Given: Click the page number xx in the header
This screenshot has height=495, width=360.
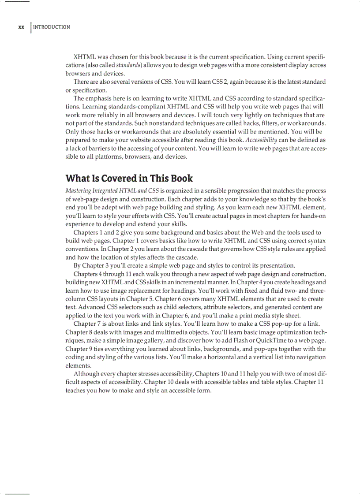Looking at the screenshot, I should click(21, 27).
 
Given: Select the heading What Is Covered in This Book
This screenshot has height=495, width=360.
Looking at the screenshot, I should click(129, 179).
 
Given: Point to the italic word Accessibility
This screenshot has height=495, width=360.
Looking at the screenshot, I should click(263, 140).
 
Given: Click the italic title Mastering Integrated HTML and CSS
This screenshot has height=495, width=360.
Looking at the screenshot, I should click(112, 191).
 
